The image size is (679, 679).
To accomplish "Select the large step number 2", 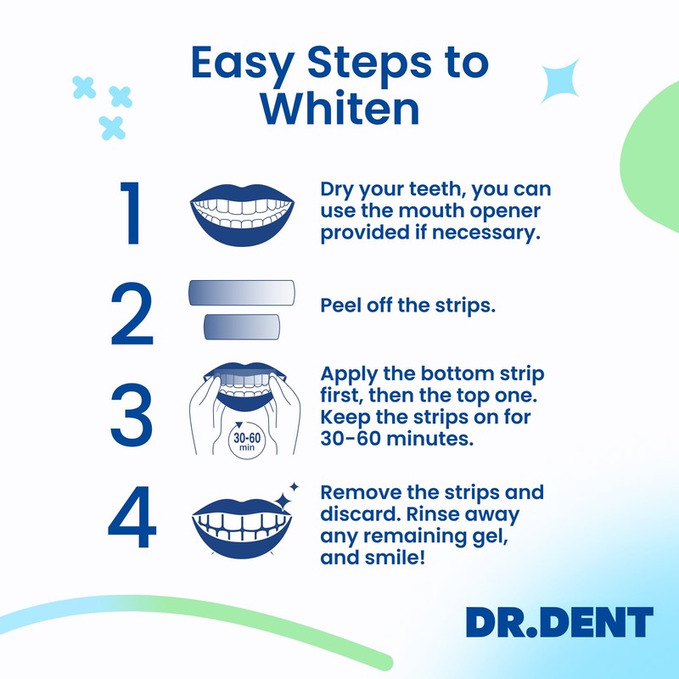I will click(x=132, y=311).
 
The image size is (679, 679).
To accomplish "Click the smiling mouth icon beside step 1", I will click(x=241, y=213).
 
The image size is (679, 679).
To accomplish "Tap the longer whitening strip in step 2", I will click(x=241, y=292).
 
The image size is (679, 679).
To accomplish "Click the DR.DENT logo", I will click(x=559, y=623).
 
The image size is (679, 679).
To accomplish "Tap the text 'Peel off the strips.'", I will click(x=407, y=306).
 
